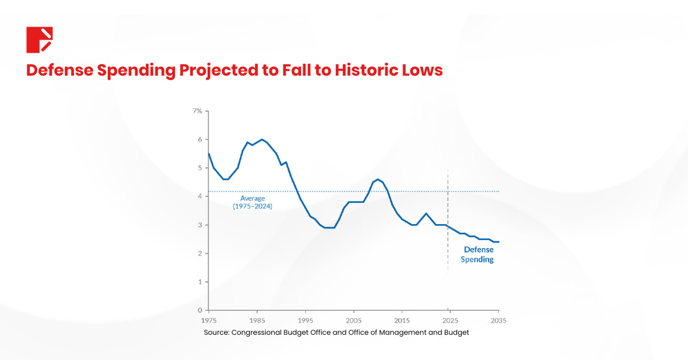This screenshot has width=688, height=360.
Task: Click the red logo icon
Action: pos(40,40)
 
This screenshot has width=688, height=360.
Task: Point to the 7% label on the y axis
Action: pos(197,111)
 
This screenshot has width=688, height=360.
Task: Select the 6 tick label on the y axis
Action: pos(200,139)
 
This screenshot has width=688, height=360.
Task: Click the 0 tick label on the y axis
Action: pos(200,310)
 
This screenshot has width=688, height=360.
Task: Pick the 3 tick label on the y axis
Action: pos(200,225)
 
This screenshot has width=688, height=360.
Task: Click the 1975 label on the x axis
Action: pos(208,320)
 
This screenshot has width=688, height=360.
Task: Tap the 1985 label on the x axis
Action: pos(257,320)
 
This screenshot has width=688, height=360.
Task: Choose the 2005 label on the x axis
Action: pos(354,320)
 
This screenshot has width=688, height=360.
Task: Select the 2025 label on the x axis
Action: pos(450,320)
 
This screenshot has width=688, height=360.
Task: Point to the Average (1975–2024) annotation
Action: pos(252,202)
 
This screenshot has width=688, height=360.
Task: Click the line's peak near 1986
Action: pos(262,139)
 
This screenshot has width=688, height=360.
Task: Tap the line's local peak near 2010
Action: pos(378,179)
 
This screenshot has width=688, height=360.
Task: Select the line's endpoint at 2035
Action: pos(499,242)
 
